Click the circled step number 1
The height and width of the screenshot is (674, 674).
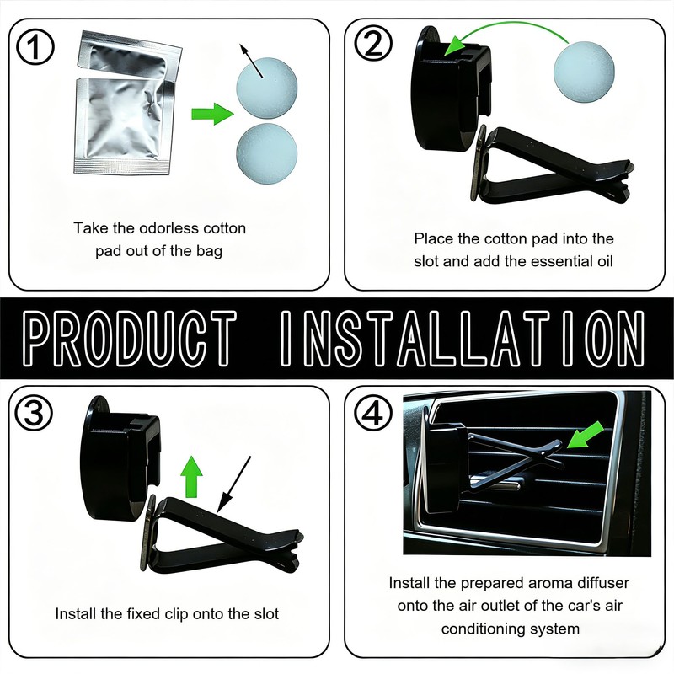(x=35, y=46)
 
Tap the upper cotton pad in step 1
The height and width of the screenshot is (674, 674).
(x=266, y=88)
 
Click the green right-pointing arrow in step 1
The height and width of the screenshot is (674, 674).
(x=212, y=114)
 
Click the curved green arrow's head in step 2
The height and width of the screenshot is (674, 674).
(x=456, y=46)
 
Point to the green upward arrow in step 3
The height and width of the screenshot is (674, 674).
(x=192, y=477)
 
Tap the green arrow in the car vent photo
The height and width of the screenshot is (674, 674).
(x=585, y=435)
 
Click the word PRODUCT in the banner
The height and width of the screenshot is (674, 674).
(x=130, y=339)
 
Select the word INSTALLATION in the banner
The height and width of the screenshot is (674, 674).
(x=462, y=339)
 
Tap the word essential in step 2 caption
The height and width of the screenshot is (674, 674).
(x=562, y=261)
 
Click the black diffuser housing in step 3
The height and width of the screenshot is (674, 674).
(x=120, y=457)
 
